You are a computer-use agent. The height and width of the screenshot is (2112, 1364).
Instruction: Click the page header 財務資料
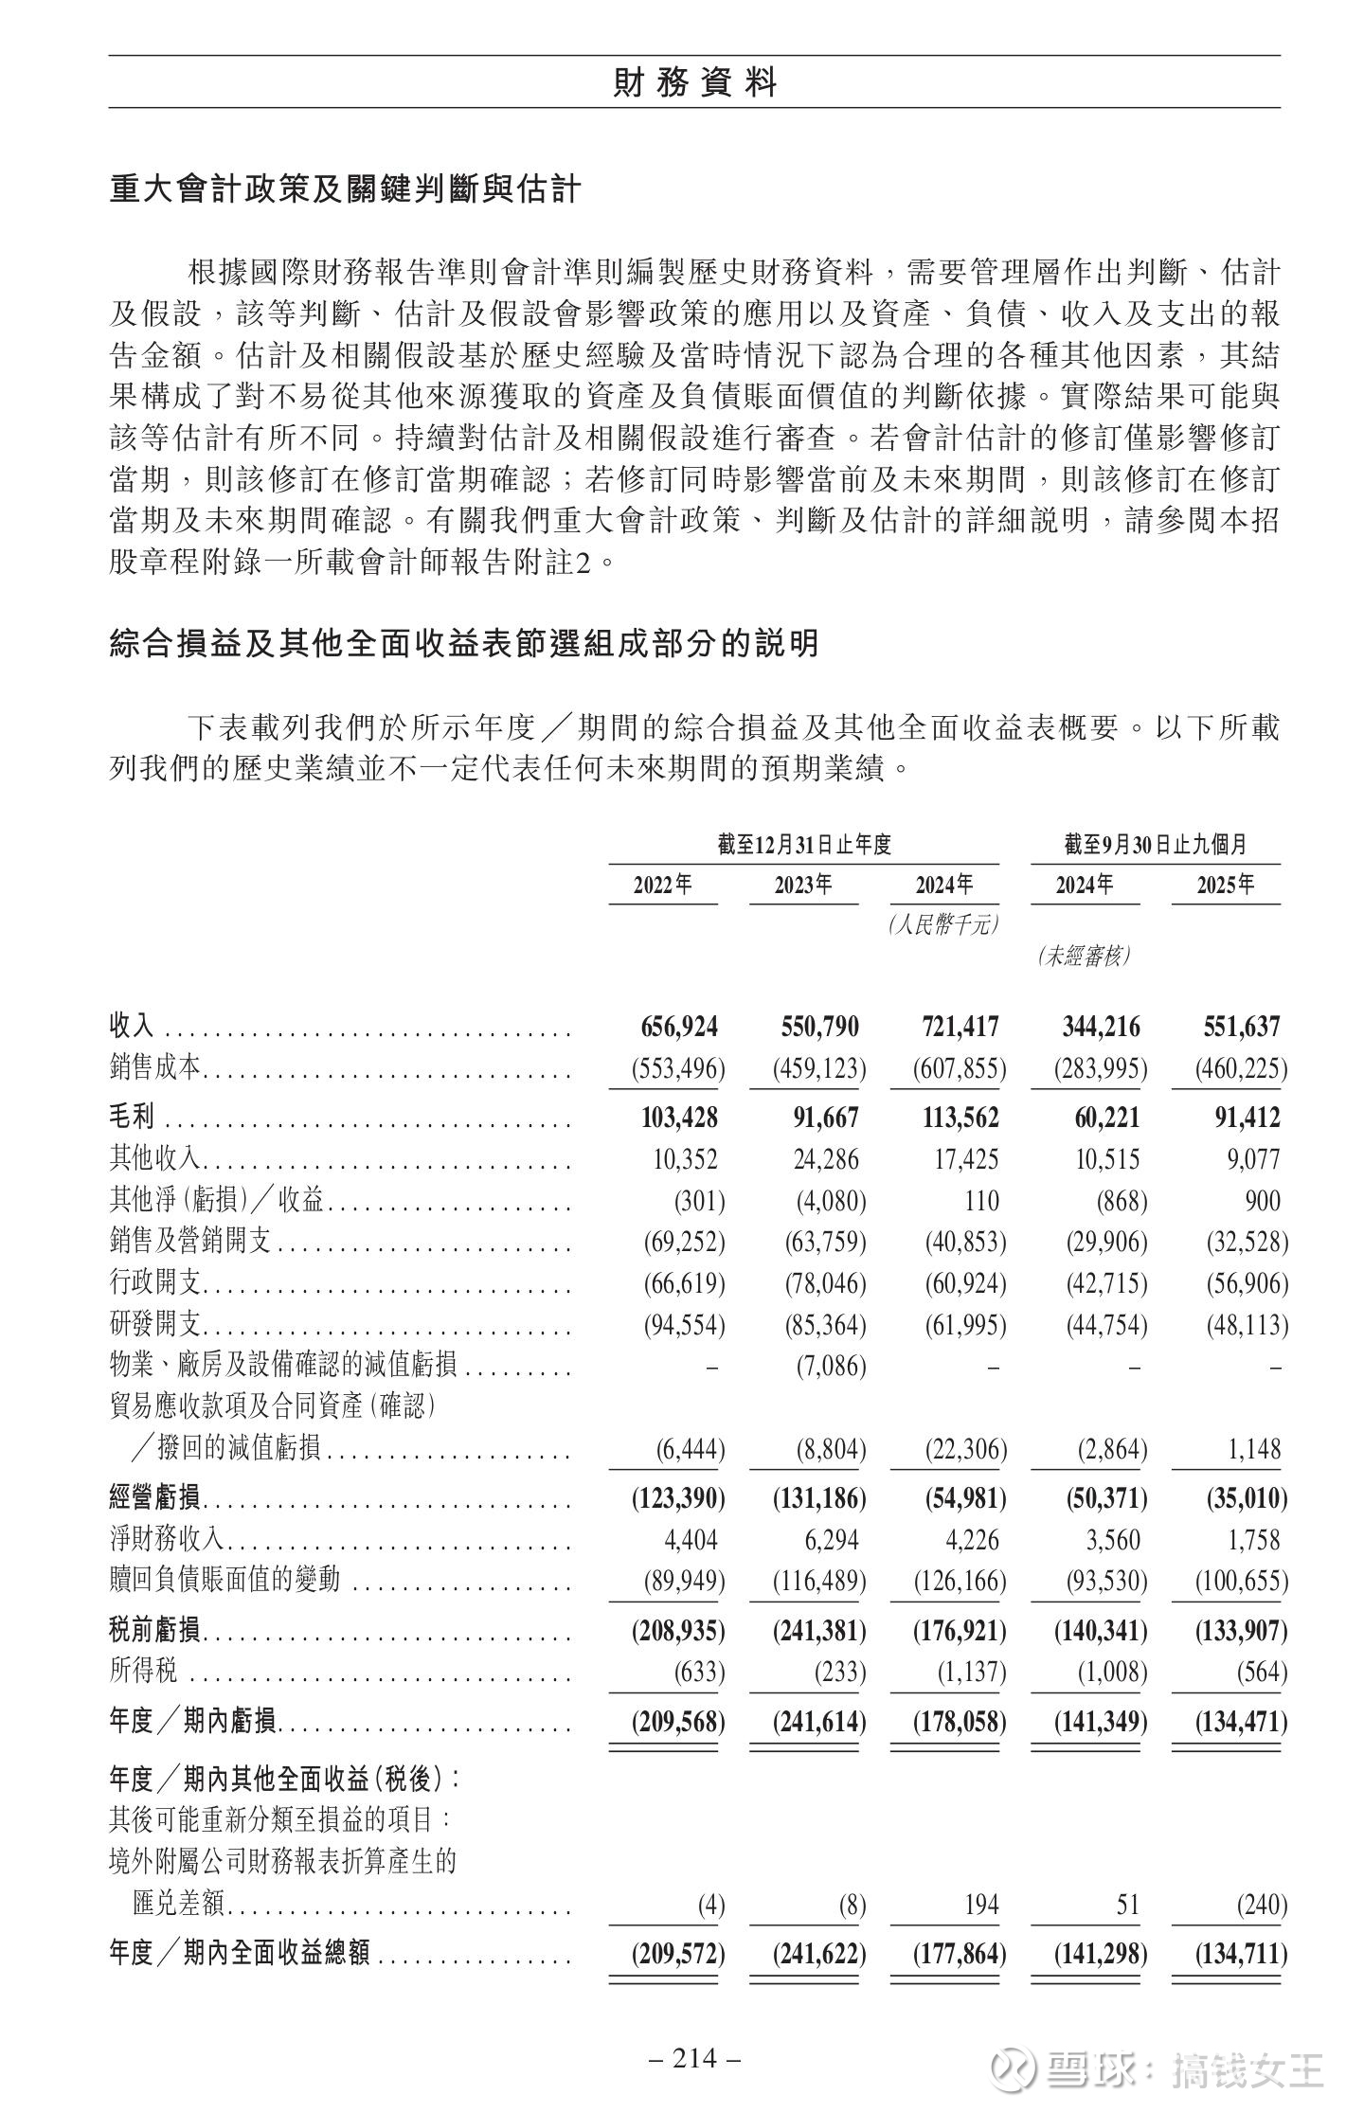click(694, 83)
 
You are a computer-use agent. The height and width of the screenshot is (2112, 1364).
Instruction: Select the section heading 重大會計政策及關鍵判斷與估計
click(345, 189)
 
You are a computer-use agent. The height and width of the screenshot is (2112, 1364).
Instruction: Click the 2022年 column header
click(662, 885)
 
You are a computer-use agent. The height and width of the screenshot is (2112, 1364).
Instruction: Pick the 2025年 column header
click(1225, 885)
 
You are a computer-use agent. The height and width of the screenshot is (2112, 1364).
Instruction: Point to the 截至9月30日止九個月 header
click(1155, 844)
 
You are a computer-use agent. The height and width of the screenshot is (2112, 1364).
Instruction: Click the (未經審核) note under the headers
click(1084, 957)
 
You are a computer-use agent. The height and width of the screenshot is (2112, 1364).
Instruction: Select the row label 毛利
click(132, 1118)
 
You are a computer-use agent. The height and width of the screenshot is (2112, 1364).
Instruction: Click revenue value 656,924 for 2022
click(679, 1027)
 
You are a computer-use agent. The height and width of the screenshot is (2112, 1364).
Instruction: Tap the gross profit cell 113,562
click(960, 1118)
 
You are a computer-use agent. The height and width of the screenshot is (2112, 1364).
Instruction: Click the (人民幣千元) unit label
click(943, 924)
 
